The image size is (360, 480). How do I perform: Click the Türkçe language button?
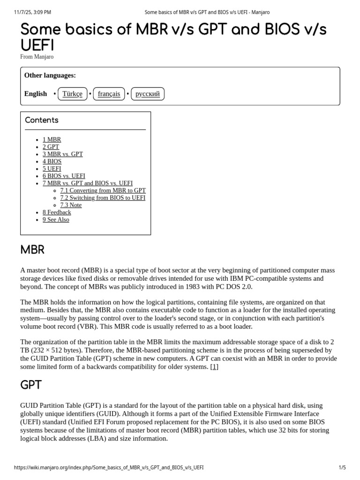tap(72, 94)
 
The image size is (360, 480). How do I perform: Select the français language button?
tap(109, 94)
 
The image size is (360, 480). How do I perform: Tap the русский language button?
tap(147, 94)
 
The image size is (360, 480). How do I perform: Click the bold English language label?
tap(36, 94)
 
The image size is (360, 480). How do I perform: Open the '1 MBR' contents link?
tap(52, 140)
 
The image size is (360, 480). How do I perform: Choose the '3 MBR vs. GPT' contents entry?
tap(62, 154)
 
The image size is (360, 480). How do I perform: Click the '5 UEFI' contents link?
tap(52, 169)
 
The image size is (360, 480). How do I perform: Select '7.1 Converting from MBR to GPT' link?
tap(103, 191)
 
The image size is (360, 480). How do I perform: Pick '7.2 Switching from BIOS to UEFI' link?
tap(103, 198)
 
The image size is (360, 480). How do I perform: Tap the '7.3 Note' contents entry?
tap(71, 205)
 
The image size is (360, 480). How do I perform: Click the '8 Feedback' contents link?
tap(57, 212)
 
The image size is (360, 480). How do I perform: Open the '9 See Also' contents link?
tap(56, 220)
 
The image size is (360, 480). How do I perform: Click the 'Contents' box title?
tap(42, 120)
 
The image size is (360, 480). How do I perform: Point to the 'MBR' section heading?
tap(32, 250)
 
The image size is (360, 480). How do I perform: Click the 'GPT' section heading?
tap(31, 385)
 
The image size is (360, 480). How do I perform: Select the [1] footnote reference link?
tap(214, 367)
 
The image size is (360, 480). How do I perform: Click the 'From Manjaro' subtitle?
tap(37, 57)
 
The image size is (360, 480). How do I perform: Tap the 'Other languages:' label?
tap(50, 75)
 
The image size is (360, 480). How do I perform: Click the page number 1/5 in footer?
tap(342, 468)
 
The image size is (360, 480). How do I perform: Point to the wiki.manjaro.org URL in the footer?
tap(109, 468)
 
